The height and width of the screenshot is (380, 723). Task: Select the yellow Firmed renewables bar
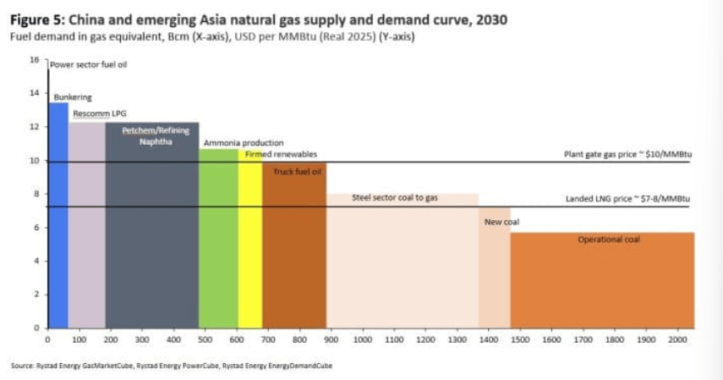(249, 245)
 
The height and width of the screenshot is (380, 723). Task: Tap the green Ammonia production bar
(218, 241)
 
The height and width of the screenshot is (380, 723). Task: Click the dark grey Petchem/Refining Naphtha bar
(152, 229)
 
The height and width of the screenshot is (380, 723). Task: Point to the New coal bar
(494, 271)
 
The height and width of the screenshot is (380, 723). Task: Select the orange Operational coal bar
(602, 284)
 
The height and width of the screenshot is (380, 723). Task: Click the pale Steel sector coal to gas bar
(403, 262)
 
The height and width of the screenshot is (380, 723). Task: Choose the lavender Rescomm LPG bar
(86, 224)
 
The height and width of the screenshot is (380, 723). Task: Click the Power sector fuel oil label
(89, 64)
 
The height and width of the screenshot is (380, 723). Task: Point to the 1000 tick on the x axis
(363, 339)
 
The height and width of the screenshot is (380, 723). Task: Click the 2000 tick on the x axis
(677, 339)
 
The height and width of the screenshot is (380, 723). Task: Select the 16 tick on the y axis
(35, 60)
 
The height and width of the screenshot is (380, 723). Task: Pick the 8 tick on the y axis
(36, 194)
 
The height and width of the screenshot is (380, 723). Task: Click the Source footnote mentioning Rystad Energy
(172, 366)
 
